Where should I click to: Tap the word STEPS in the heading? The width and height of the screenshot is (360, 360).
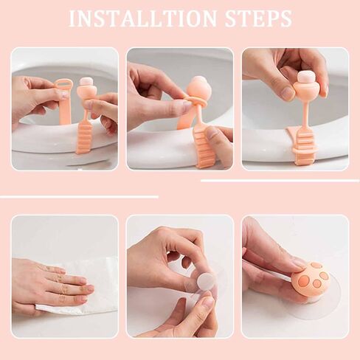click(x=257, y=19)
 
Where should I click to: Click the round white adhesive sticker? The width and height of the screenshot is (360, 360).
click(x=206, y=281)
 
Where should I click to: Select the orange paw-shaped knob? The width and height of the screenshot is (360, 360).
click(x=310, y=280)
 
